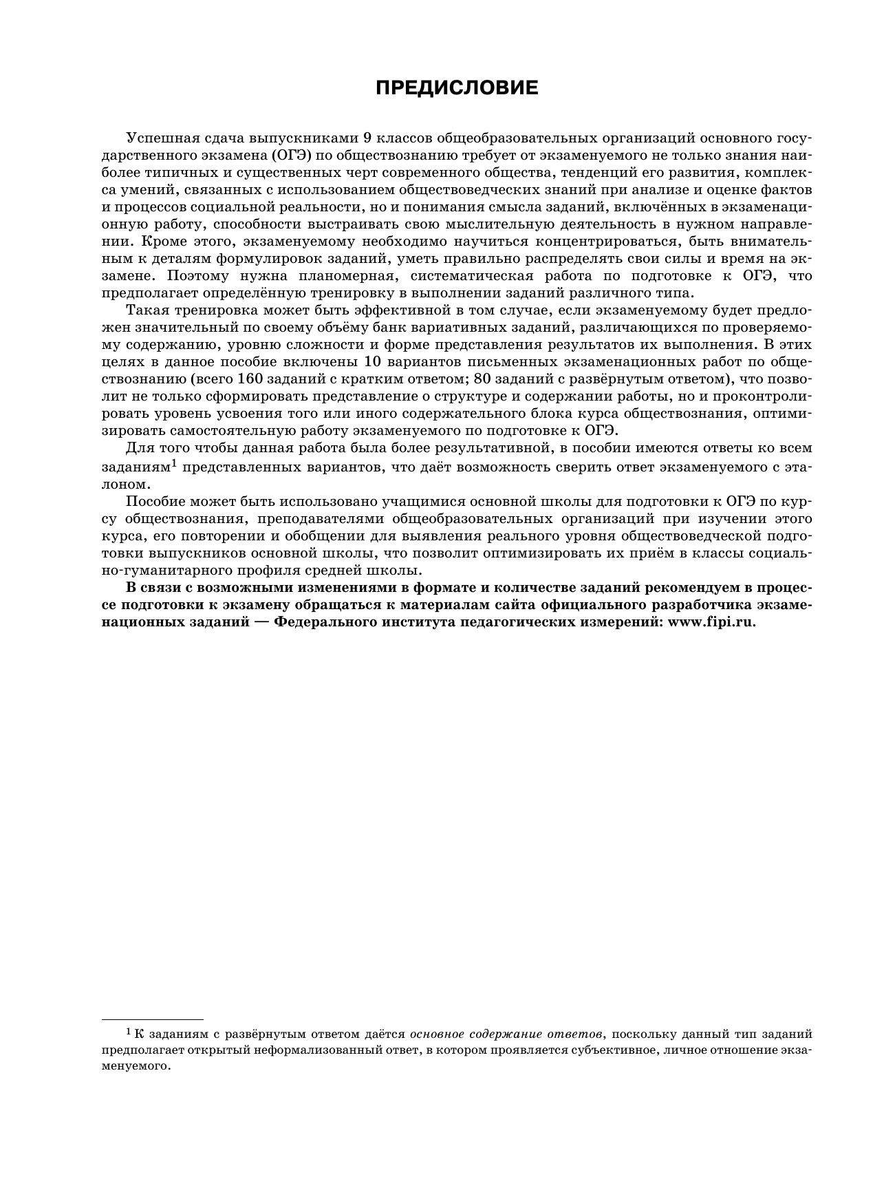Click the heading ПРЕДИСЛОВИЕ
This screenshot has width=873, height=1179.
457,88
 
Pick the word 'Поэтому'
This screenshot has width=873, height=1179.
195,276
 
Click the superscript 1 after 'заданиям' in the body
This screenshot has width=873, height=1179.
175,463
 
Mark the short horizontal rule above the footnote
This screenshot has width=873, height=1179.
153,1019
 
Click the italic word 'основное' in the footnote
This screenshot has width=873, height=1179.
439,1034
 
